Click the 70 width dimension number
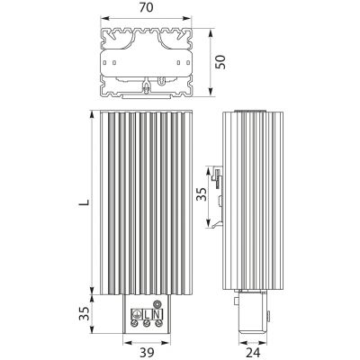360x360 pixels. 146,8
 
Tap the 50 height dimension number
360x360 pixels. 221,62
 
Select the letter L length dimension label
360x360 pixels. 85,202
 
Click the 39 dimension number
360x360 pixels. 147,352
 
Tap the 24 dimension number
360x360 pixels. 253,353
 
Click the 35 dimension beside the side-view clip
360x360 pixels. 202,194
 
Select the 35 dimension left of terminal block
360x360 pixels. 85,313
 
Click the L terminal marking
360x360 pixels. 147,315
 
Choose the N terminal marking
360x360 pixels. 157,315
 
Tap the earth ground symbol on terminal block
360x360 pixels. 136,315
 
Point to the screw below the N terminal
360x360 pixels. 157,323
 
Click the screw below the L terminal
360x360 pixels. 147,323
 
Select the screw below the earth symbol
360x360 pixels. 136,323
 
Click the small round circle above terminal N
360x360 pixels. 157,304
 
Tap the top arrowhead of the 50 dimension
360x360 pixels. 211,32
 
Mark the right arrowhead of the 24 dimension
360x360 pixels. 264,342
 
